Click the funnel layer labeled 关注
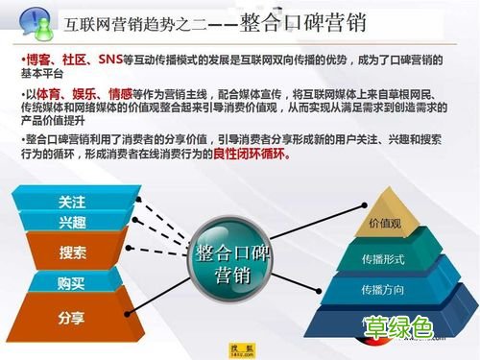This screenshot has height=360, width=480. pyautogui.click(x=72, y=203)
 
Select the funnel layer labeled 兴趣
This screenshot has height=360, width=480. pyautogui.click(x=72, y=223)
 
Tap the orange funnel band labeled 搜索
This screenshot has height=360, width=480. pyautogui.click(x=72, y=253)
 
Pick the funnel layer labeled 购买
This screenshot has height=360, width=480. pyautogui.click(x=72, y=283)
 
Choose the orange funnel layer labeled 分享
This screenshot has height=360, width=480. pyautogui.click(x=72, y=317)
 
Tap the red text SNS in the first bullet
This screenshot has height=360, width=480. pyautogui.click(x=112, y=59)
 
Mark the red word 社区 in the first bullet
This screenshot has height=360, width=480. pyautogui.click(x=77, y=59)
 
